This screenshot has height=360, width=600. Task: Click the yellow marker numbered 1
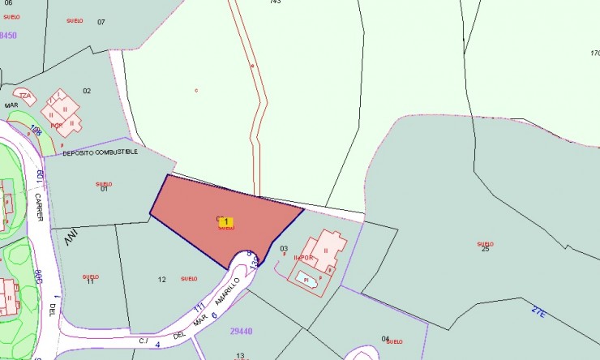click(x=226, y=221)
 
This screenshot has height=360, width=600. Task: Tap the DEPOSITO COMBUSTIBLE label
click(x=100, y=152)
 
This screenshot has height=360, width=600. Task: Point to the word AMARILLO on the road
click(x=228, y=291)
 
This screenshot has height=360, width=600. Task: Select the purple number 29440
click(x=242, y=331)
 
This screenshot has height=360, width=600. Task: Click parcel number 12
click(x=162, y=280)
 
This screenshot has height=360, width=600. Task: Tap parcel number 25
click(x=486, y=249)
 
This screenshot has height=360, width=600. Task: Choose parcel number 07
click(x=101, y=21)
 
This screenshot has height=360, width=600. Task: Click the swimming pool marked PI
click(x=306, y=278)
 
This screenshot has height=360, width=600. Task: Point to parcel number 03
click(x=284, y=248)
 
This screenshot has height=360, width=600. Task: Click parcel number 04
click(x=385, y=339)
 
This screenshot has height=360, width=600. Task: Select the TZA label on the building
click(x=26, y=95)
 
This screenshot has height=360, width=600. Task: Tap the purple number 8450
click(x=8, y=35)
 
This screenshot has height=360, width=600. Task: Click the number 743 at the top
click(x=275, y=2)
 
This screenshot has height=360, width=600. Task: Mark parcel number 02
click(x=87, y=90)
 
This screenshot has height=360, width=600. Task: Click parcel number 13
click(x=240, y=355)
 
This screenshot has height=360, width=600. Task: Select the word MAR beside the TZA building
click(x=11, y=105)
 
